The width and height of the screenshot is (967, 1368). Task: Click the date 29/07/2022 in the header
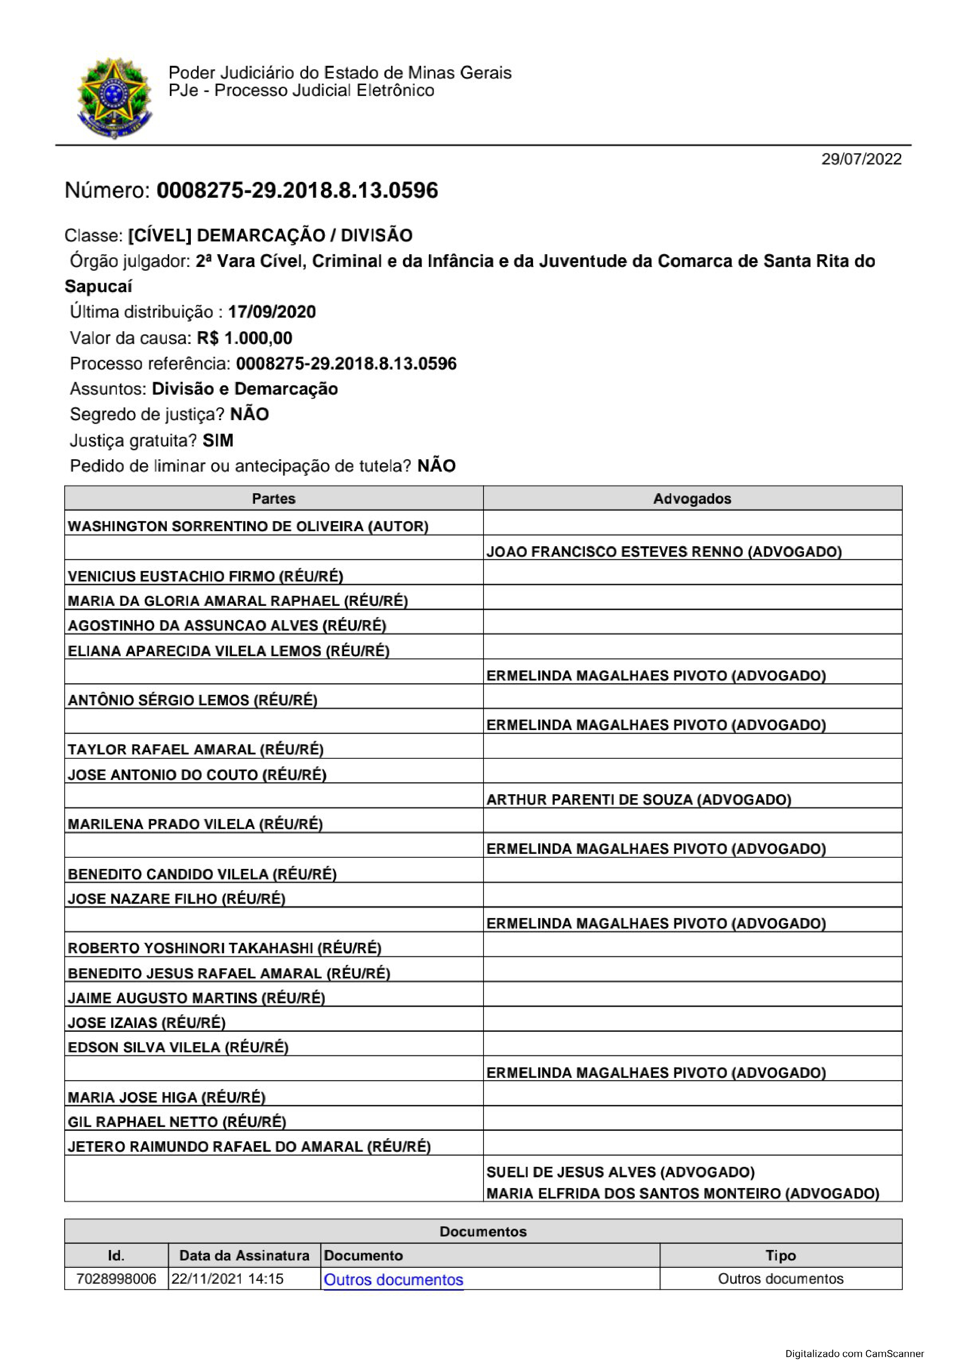click(x=861, y=159)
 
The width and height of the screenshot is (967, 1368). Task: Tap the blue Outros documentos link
click(x=393, y=1279)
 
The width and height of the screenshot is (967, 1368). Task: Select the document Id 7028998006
click(x=116, y=1279)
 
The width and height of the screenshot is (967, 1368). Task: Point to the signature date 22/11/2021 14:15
click(x=227, y=1279)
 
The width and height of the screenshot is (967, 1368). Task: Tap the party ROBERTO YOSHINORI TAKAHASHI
click(x=224, y=948)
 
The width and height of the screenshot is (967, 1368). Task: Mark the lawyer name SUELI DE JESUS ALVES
click(x=620, y=1172)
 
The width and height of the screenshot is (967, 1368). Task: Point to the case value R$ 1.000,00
click(x=244, y=338)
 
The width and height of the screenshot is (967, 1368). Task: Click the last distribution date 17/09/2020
click(x=272, y=311)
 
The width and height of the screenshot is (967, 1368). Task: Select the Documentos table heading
click(x=483, y=1231)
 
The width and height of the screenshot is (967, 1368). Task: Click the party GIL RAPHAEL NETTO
click(x=177, y=1122)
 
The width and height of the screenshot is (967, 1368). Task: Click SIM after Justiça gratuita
click(x=218, y=440)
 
